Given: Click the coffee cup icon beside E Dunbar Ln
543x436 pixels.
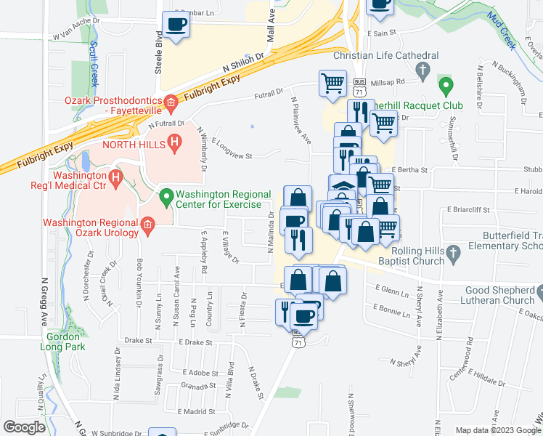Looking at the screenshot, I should click(176, 25).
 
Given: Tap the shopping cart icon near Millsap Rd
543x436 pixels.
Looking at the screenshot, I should click(332, 82).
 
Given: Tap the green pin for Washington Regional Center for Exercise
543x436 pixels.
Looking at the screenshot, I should click(166, 195).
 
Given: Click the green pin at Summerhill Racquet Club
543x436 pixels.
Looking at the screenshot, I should click(447, 89).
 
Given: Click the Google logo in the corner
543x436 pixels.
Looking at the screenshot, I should click(24, 427).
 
